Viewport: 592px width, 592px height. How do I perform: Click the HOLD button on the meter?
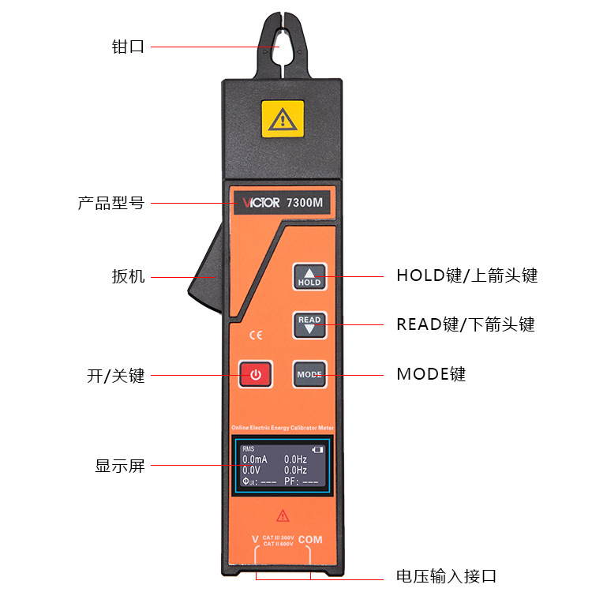(x=309, y=276)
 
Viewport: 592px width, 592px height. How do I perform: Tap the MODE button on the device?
(x=309, y=374)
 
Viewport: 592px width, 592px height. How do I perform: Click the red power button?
(x=256, y=374)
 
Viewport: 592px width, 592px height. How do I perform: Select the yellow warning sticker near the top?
(x=282, y=119)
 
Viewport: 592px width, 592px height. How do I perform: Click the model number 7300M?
(x=305, y=202)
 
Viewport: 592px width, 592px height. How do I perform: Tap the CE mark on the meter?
(x=255, y=335)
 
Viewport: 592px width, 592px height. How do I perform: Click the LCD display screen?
(x=283, y=466)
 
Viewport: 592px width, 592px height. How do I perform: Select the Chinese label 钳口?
(x=129, y=46)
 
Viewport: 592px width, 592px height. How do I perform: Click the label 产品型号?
(x=111, y=203)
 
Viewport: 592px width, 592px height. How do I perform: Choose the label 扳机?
(x=129, y=276)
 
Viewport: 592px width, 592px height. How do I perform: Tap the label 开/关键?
(x=116, y=375)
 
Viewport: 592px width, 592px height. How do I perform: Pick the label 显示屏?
(x=120, y=466)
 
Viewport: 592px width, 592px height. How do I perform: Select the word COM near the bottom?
(x=310, y=540)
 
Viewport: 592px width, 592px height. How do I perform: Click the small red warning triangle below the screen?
(x=283, y=515)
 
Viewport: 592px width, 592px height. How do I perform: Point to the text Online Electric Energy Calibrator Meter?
(x=283, y=427)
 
